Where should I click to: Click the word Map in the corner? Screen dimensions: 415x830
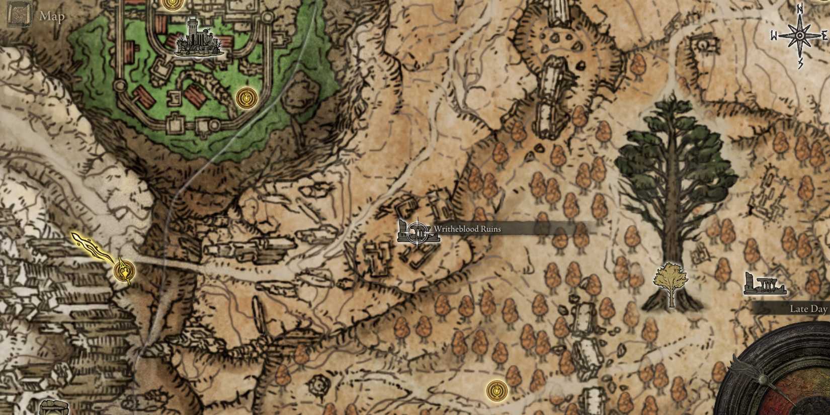tap(52, 17)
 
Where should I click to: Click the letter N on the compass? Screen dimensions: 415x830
tap(799, 8)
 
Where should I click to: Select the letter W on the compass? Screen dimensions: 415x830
tap(774, 36)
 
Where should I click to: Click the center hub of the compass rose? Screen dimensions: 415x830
tap(799, 35)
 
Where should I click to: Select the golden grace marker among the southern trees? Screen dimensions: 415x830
tap(497, 390)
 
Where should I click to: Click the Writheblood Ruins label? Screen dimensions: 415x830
tap(467, 229)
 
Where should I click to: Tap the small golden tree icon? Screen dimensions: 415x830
tap(670, 282)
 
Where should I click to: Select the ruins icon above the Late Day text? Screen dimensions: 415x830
tap(764, 285)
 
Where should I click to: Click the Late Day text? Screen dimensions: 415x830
tap(808, 309)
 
